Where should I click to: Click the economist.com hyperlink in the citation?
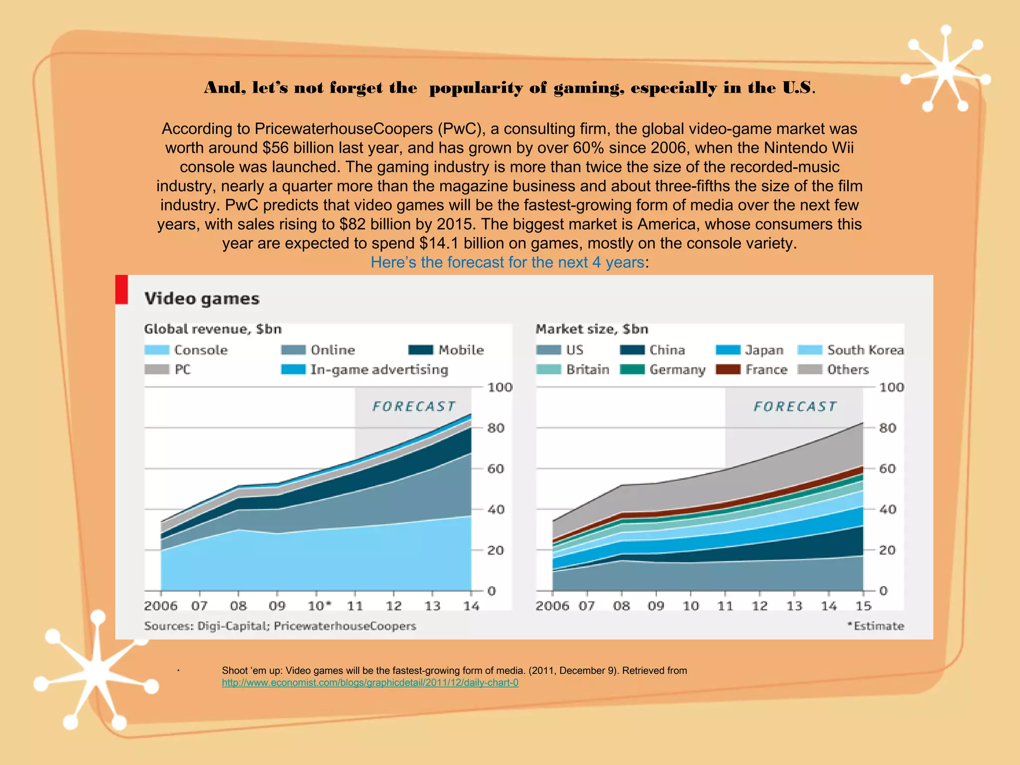pos(370,683)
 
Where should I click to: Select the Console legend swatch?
pos(156,350)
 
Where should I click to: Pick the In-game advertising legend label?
pos(379,370)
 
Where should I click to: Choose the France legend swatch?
pos(728,370)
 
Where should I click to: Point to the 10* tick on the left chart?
pos(319,606)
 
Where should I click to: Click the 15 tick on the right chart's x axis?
pos(863,606)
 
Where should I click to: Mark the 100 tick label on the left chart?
pos(500,387)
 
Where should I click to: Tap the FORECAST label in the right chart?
pos(795,406)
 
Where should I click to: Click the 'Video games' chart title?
pos(202,299)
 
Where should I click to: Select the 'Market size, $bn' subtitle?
pos(592,329)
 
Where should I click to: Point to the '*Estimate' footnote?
pos(876,626)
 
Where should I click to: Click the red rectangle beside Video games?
pos(122,289)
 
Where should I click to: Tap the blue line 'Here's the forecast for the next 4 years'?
pos(508,262)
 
